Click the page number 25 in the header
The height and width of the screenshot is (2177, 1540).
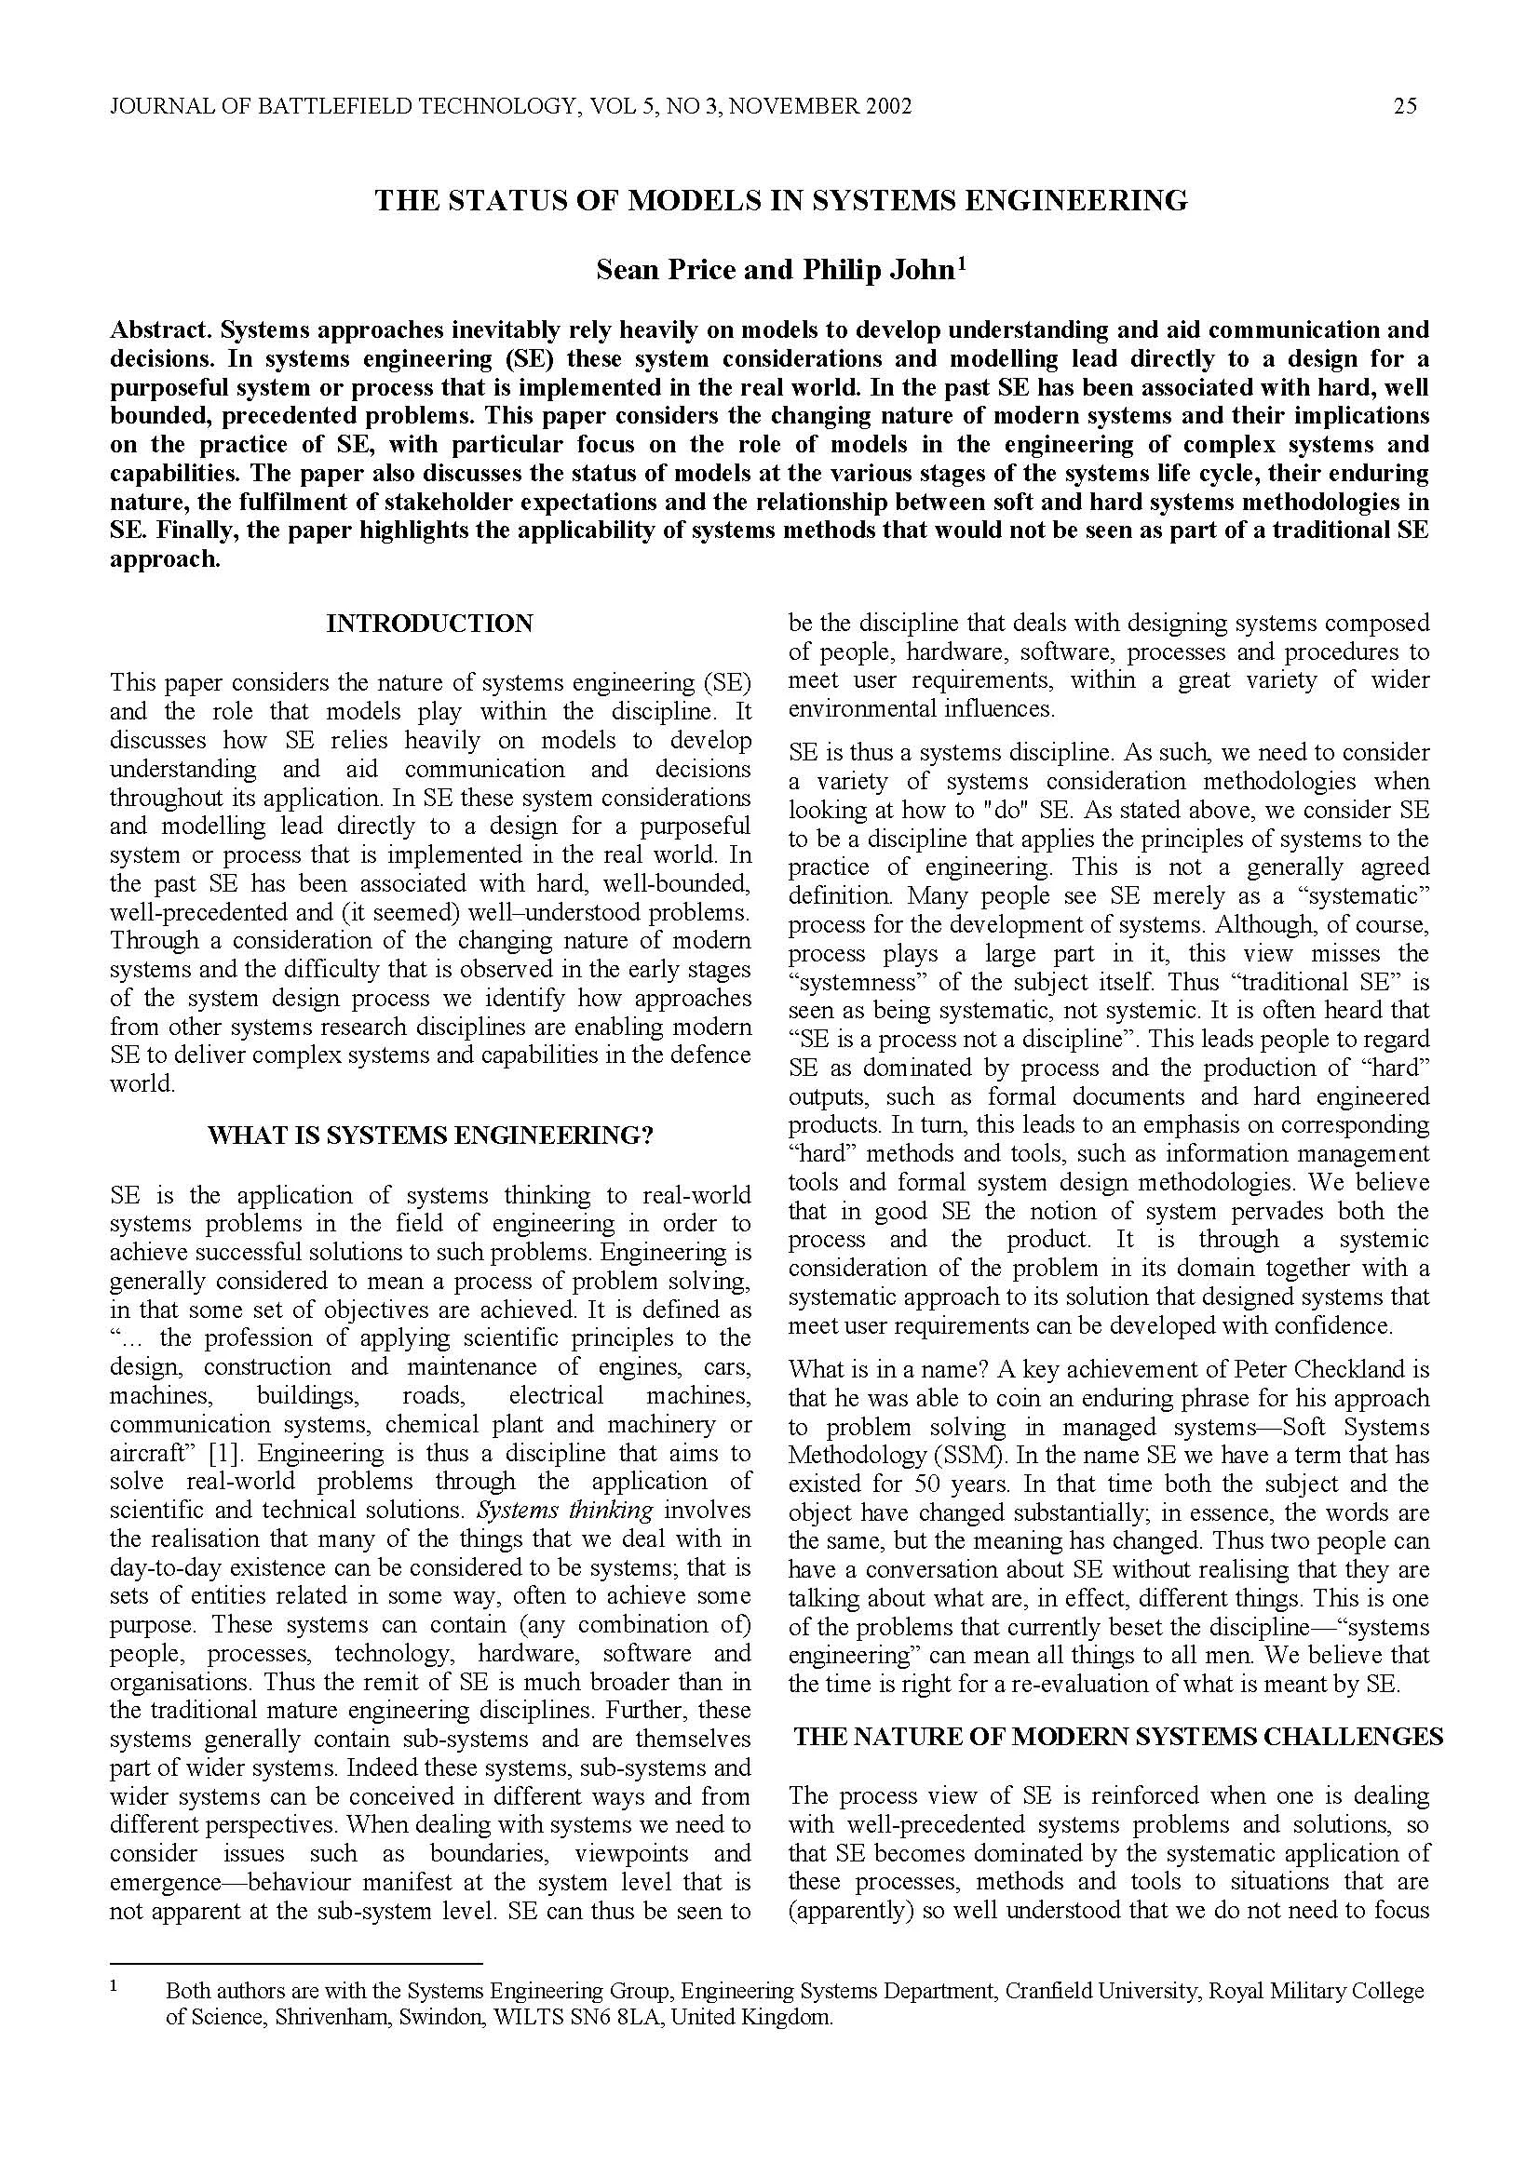[1405, 106]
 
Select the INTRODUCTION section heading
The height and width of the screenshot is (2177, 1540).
[429, 623]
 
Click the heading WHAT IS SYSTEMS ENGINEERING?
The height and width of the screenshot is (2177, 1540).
[429, 1136]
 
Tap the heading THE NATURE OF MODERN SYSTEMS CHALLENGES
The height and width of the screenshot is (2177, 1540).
[1118, 1736]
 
